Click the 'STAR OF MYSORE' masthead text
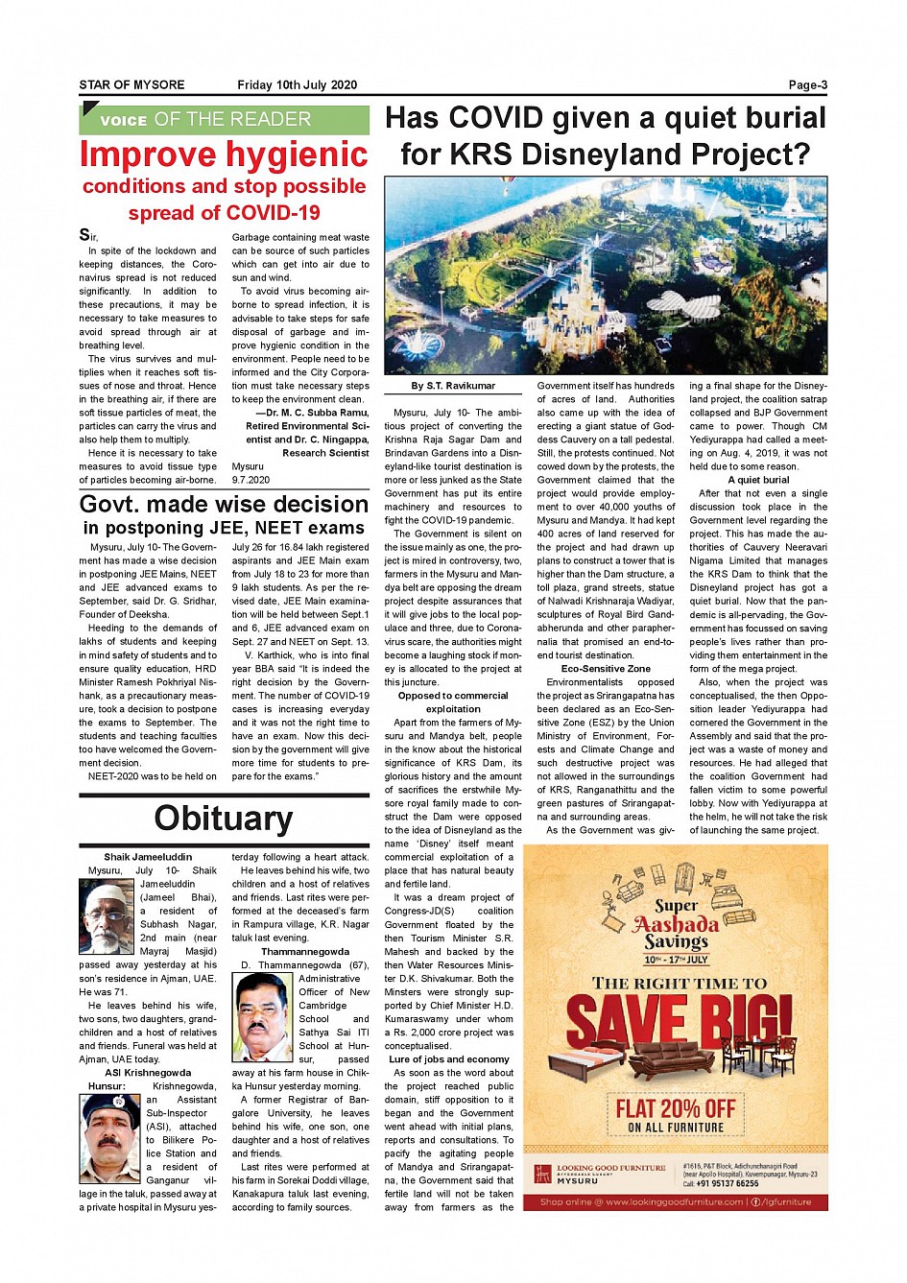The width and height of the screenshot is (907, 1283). point(131,84)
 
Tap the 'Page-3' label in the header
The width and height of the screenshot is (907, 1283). point(807,84)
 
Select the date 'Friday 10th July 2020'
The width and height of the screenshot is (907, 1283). point(297,84)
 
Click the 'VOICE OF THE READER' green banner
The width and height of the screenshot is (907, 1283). point(224,120)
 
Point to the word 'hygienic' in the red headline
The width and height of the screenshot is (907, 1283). point(298,154)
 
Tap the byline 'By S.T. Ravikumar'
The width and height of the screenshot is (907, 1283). point(453,386)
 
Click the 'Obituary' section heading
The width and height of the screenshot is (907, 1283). point(224,818)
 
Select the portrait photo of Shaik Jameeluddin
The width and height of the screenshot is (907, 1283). point(107,917)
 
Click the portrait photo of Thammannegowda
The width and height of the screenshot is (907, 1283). point(263,1017)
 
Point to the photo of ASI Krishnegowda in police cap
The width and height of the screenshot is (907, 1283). point(110,1139)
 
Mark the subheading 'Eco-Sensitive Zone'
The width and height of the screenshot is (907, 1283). point(606,669)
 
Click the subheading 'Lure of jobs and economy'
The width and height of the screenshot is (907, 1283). point(449,1059)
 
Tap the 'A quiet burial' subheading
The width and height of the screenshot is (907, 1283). point(758,480)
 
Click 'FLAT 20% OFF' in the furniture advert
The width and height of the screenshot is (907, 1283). point(675,1109)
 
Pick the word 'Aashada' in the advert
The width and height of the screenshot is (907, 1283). point(676,924)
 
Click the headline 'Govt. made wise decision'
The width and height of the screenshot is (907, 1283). point(224,505)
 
